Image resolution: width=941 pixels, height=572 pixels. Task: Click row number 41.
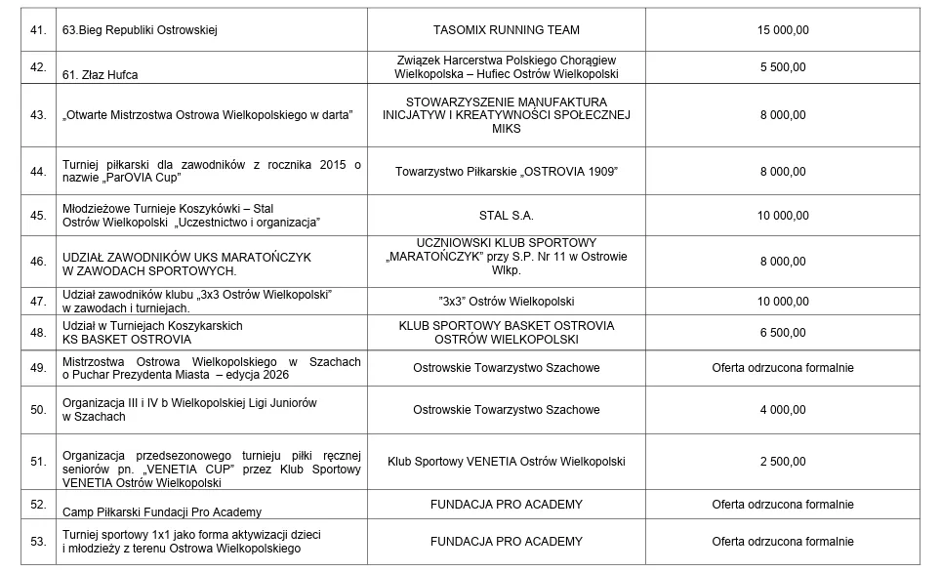[x=39, y=30]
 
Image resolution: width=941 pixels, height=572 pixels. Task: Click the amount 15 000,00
[x=783, y=30]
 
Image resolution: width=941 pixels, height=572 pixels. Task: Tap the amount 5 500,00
[x=783, y=67]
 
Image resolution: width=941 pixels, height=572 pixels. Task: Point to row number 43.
[x=39, y=115]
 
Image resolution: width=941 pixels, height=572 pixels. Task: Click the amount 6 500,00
[x=783, y=333]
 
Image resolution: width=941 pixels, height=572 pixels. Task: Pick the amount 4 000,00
[x=783, y=410]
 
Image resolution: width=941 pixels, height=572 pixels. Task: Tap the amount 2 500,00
[x=783, y=462]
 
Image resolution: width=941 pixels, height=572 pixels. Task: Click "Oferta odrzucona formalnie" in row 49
[x=783, y=368]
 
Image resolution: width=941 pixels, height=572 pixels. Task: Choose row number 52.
[x=39, y=505]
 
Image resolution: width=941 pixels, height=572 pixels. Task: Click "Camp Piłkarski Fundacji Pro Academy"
[x=162, y=511]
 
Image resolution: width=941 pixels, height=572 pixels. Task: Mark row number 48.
[x=39, y=333]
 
